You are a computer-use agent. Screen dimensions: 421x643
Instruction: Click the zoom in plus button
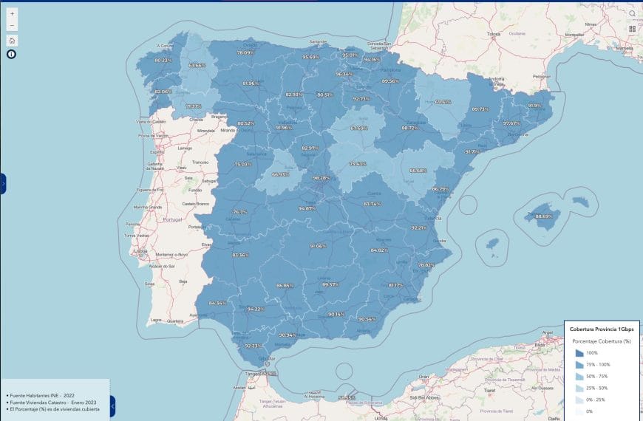[x=12, y=14]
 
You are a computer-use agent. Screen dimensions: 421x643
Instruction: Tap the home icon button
[x=12, y=41]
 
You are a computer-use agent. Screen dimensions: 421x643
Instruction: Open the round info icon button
[x=12, y=54]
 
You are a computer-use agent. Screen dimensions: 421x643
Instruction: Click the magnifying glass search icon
[x=633, y=13]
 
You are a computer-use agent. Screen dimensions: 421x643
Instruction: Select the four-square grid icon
[x=633, y=29]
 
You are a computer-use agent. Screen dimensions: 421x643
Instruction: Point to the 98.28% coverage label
[x=321, y=178]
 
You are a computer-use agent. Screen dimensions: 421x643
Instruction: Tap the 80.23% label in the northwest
[x=163, y=60]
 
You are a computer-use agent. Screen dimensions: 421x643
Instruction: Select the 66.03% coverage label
[x=280, y=174]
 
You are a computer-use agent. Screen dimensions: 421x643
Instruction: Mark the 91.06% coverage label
[x=318, y=246]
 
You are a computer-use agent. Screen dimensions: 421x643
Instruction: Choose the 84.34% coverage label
[x=217, y=303]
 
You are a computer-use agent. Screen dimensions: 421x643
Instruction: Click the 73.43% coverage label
[x=358, y=164]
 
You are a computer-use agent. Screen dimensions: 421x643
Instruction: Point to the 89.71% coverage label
[x=480, y=109]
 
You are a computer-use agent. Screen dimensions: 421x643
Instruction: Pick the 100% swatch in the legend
[x=579, y=353]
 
